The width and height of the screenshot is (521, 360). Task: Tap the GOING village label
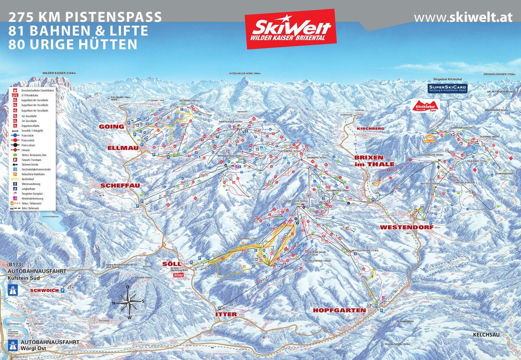(111, 127)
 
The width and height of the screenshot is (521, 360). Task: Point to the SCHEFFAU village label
(119, 185)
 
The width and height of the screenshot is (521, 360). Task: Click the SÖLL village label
(172, 264)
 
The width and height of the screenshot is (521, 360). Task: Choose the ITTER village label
(226, 314)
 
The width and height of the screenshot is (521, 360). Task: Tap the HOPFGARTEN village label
(339, 310)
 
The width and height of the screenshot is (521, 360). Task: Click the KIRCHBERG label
(370, 128)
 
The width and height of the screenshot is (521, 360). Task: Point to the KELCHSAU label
(486, 335)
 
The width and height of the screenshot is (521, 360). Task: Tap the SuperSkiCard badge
(447, 88)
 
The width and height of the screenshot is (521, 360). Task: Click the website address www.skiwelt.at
(463, 17)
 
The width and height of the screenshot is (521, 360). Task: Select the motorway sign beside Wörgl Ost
(13, 344)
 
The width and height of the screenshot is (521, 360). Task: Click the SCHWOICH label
(45, 290)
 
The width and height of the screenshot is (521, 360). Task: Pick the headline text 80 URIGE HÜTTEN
(73, 44)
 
